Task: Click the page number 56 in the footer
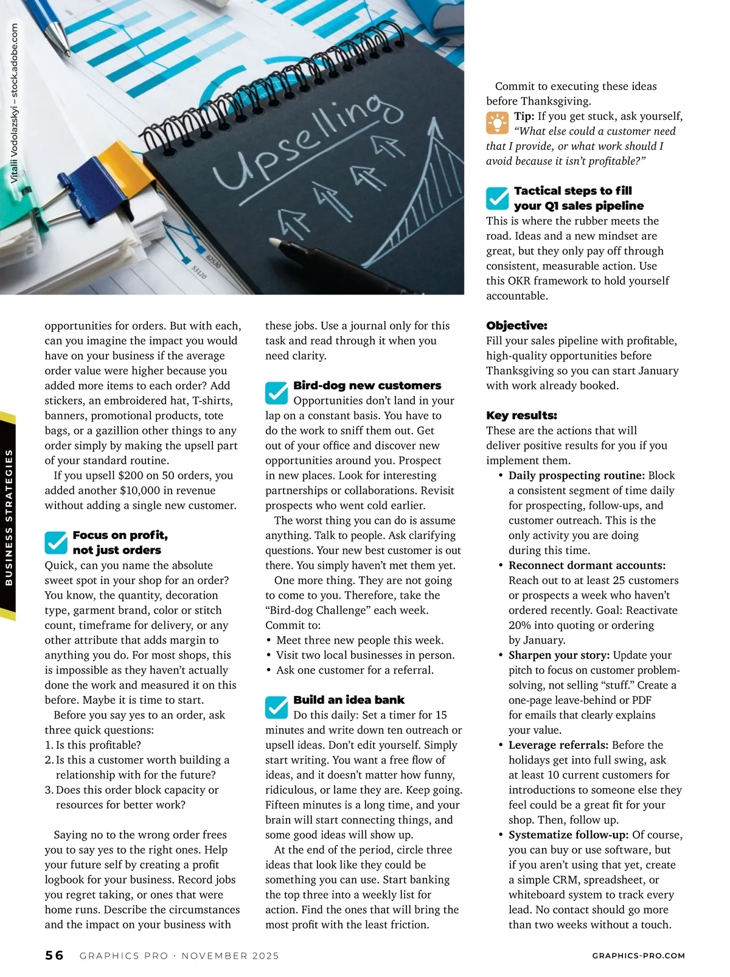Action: [54, 955]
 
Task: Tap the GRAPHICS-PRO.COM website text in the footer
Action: [638, 956]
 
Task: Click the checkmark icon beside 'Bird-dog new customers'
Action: [276, 393]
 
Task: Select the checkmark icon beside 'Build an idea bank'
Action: [276, 707]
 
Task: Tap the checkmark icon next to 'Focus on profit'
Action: [56, 542]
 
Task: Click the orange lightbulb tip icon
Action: [497, 123]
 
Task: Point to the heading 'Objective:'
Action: [516, 325]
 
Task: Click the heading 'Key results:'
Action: [521, 415]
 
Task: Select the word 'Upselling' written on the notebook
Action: [298, 143]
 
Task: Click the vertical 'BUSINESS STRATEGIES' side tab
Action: [9, 517]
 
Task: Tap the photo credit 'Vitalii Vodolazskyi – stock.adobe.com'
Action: [14, 103]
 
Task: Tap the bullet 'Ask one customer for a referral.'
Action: [355, 670]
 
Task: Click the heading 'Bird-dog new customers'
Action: [367, 386]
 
